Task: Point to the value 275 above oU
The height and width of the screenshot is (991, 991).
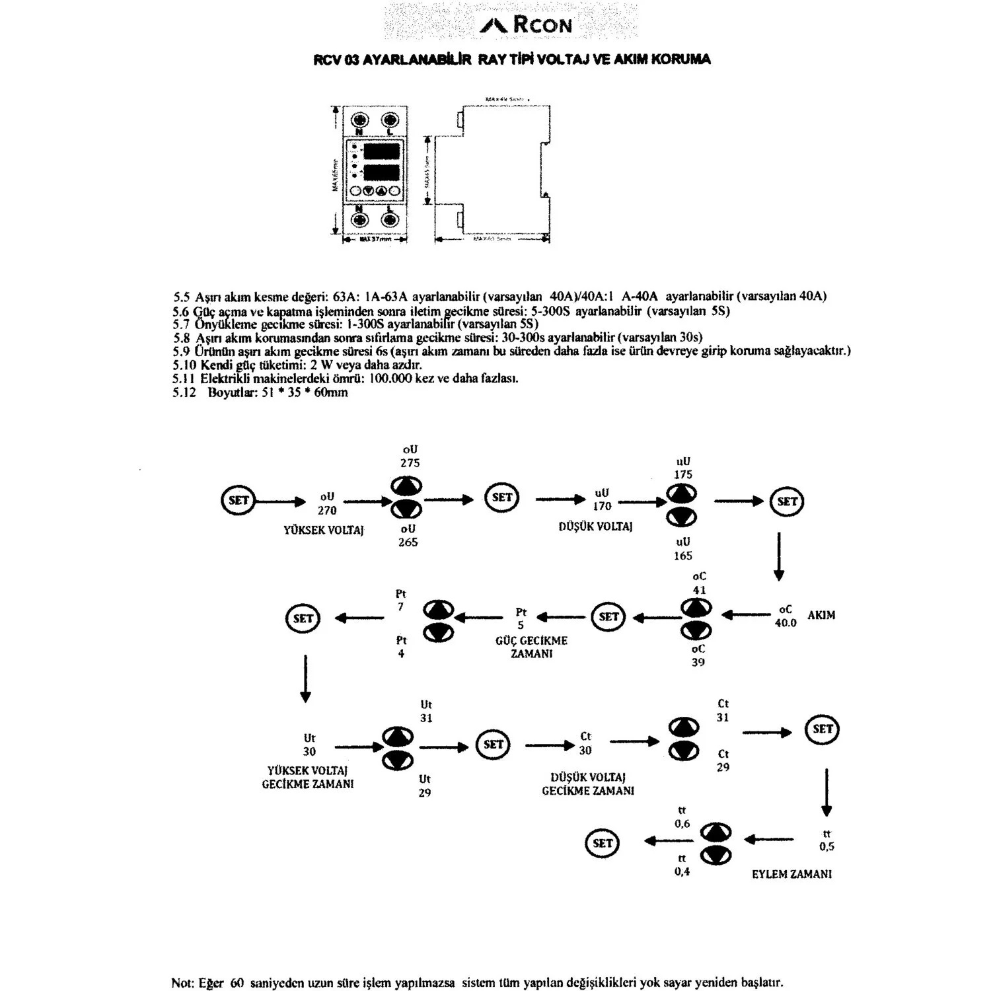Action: (410, 463)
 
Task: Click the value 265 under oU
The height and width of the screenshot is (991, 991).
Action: (408, 542)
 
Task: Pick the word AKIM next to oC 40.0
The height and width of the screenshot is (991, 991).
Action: (821, 615)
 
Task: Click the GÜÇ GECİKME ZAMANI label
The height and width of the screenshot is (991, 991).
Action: (531, 647)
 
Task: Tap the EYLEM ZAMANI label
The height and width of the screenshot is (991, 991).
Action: (791, 874)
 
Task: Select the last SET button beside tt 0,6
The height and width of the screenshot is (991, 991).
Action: (603, 843)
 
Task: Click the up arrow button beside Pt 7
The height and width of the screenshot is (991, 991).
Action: (439, 608)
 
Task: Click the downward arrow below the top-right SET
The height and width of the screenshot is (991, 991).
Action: (779, 555)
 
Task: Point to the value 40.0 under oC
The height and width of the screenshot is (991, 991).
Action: (786, 623)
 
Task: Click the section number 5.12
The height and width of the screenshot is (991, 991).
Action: (185, 392)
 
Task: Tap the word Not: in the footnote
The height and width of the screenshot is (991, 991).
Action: (183, 982)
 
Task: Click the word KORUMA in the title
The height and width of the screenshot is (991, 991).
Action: (680, 59)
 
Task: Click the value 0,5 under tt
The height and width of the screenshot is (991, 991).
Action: (826, 847)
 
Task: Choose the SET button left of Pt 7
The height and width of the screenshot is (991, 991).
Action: (303, 618)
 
